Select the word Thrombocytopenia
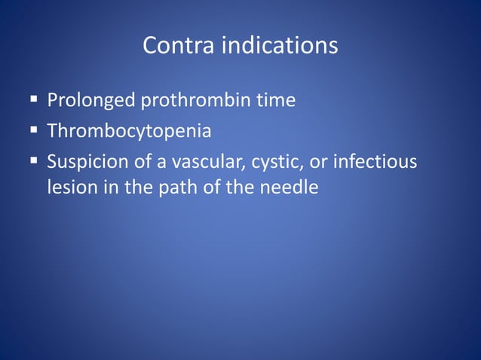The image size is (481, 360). coord(129,132)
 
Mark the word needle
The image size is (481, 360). coord(288,187)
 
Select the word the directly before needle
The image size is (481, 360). coord(241,187)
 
